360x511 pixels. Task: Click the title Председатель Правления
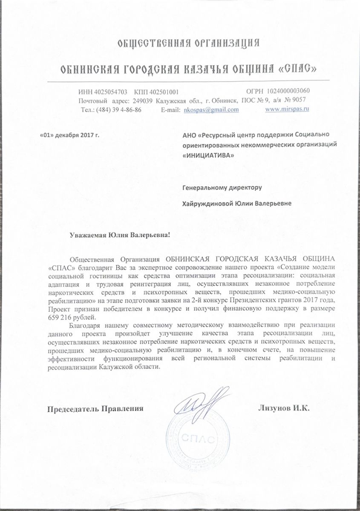coord(95,408)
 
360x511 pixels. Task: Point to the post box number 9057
coord(297,100)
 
